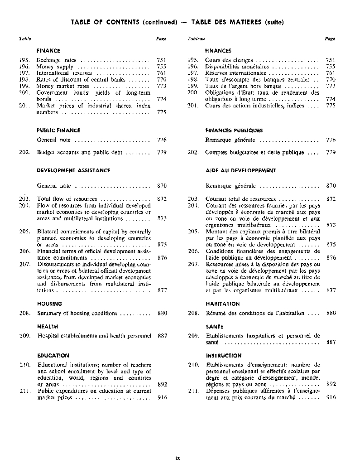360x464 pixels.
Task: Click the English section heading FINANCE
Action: pos(48,51)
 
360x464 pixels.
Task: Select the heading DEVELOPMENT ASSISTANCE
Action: pos(73,170)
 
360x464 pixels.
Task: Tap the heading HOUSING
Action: pos(49,304)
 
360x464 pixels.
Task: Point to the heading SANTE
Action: pos(214,326)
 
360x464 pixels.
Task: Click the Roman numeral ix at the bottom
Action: pos(178,458)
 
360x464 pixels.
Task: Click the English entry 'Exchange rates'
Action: pos(56,60)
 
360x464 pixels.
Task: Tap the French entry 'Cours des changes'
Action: pos(229,60)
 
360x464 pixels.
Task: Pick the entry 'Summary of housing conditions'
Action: pos(77,313)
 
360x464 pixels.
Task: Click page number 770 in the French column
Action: pos(331,79)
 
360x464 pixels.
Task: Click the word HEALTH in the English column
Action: pos(48,326)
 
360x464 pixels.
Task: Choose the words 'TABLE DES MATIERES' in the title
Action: pos(226,22)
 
